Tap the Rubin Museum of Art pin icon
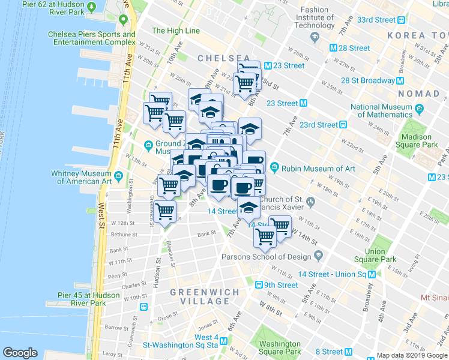point(275,166)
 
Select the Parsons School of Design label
point(267,257)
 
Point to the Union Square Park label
point(375,256)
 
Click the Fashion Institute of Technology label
point(314,17)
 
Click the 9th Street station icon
point(259,285)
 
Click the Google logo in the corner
point(20,353)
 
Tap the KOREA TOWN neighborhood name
point(414,36)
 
